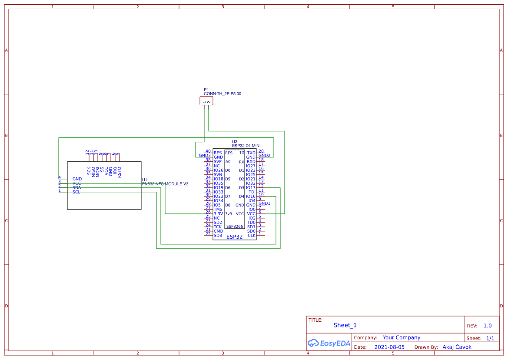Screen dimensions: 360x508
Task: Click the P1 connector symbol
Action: click(206, 101)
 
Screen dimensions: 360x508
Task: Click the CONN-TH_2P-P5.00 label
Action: click(222, 94)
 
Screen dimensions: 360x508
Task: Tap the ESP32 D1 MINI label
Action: click(246, 146)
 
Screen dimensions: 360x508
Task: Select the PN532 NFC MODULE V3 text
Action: click(165, 184)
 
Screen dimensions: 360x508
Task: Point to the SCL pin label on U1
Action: click(76, 192)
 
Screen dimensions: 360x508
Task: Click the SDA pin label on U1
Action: click(77, 188)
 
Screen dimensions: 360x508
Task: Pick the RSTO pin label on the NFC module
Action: click(120, 172)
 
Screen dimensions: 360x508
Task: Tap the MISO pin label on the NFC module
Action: click(93, 171)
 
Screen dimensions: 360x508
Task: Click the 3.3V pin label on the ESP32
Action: click(218, 214)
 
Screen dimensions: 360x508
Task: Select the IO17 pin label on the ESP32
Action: click(251, 188)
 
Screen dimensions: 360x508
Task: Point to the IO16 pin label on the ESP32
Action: click(251, 197)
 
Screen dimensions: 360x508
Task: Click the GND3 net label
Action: click(205, 156)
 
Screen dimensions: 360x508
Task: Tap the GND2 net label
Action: click(264, 155)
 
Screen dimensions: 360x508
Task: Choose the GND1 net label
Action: click(264, 203)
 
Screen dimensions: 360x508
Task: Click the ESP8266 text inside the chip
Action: click(235, 227)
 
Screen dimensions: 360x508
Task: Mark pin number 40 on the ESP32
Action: click(208, 151)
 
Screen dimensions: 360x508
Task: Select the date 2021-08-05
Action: click(389, 347)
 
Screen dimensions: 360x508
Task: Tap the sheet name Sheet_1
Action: click(345, 325)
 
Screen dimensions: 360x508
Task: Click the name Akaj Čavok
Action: click(457, 347)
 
